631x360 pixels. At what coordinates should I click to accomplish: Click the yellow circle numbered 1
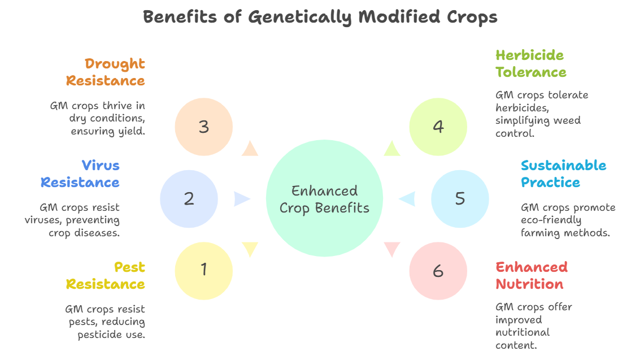203,271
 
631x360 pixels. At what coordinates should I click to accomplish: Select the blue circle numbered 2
189,199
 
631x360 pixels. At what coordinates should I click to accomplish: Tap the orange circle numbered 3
203,127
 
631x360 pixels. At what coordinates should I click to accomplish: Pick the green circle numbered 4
438,127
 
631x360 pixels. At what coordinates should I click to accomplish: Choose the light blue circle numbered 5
460,199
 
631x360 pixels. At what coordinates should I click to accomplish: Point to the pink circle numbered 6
438,271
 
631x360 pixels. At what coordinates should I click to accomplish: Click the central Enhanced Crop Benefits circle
324,198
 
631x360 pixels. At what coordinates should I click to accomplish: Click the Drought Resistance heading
106,72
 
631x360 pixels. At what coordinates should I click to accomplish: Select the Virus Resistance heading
80,174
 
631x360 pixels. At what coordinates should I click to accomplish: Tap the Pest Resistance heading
106,276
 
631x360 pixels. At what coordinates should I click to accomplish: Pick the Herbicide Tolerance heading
531,64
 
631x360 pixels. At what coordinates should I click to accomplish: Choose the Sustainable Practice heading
563,174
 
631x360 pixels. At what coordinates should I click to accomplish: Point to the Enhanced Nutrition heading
532,276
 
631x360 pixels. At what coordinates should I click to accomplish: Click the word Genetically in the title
300,18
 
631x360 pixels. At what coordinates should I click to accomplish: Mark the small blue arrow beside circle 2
242,199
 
